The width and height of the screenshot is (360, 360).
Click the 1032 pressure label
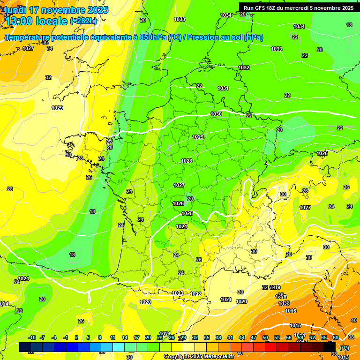tap(244, 67)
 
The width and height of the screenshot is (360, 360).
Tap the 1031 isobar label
tap(223, 88)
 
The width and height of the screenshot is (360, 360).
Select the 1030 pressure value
tap(216, 114)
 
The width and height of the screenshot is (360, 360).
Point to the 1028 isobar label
tap(187, 161)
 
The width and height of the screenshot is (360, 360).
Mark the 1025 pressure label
tap(187, 213)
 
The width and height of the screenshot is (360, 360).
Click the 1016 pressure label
tap(291, 311)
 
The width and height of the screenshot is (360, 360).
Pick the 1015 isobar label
tap(295, 325)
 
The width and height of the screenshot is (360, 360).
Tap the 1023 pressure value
tap(178, 293)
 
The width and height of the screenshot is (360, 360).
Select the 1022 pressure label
tap(196, 294)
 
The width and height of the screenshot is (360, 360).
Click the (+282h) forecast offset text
tap(83, 21)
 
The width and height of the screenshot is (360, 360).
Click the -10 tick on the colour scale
tap(32, 338)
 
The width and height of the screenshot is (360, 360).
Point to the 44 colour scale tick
tap(242, 338)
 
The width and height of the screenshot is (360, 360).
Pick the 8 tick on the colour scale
tap(100, 338)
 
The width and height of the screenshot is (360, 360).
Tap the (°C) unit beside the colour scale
tap(344, 347)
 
